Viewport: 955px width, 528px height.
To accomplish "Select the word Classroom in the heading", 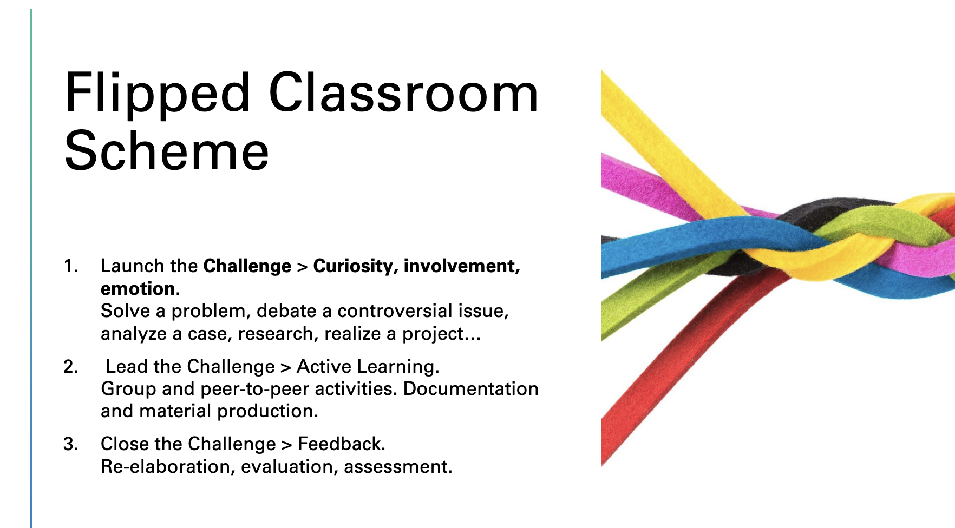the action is [x=404, y=93].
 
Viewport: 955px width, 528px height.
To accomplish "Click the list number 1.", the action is [x=70, y=266].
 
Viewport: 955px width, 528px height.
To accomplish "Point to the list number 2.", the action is [x=70, y=367].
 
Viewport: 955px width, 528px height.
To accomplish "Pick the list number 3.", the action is [x=70, y=444].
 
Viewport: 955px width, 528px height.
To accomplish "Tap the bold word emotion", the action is [x=138, y=289].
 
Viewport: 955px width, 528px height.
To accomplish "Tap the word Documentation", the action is [x=471, y=389].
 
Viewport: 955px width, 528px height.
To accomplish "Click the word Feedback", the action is [x=341, y=444].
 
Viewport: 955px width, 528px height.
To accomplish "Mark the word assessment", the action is [x=398, y=467].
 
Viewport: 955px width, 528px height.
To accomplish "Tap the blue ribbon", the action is [x=704, y=241].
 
